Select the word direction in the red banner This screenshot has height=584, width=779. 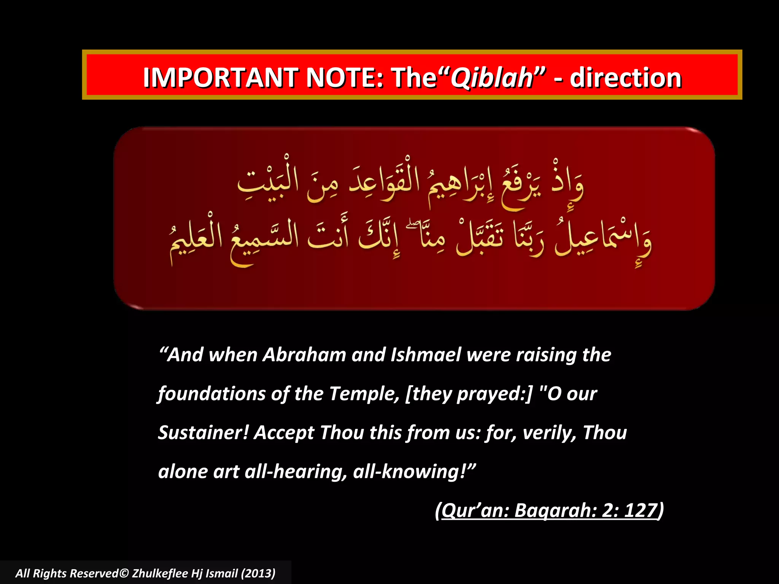click(625, 78)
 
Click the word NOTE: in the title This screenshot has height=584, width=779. click(345, 78)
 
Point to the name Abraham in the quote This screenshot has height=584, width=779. click(304, 355)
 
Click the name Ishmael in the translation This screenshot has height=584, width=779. click(426, 355)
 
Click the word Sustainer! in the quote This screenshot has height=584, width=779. click(203, 433)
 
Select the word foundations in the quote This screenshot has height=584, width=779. click(211, 394)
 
